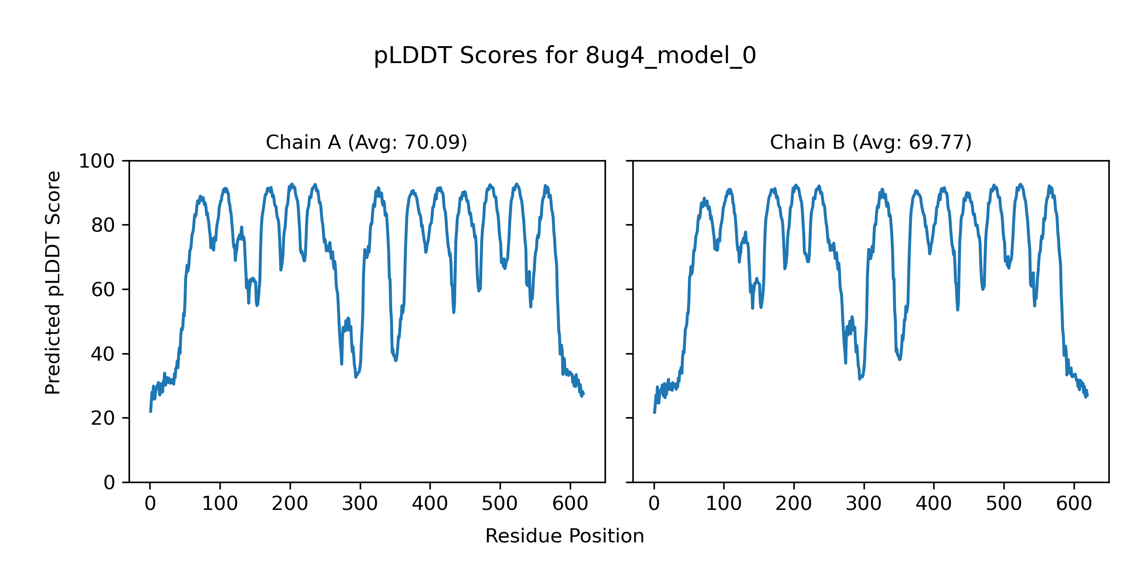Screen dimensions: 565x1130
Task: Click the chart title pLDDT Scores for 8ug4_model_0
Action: [565, 56]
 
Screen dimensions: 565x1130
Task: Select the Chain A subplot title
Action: [366, 143]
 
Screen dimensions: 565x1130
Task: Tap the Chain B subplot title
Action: [871, 143]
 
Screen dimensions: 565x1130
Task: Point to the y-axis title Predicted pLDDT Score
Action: [53, 282]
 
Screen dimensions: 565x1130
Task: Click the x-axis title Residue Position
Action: [565, 536]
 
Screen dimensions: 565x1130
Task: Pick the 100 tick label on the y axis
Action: [97, 161]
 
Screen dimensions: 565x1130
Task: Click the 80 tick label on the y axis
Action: [103, 226]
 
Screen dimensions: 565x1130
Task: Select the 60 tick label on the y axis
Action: [103, 290]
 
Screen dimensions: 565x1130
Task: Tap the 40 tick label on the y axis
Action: [103, 354]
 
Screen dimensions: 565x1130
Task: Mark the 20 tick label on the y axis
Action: [103, 418]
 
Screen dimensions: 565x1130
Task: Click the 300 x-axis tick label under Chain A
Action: [360, 504]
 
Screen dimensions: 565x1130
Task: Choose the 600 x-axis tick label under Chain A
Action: [570, 504]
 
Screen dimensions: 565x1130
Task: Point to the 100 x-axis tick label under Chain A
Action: [220, 504]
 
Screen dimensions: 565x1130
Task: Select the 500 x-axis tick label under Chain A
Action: [500, 504]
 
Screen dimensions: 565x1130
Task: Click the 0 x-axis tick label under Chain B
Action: [654, 504]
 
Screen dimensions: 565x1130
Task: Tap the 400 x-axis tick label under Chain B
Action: [934, 504]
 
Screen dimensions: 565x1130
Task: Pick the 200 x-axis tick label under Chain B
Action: [794, 504]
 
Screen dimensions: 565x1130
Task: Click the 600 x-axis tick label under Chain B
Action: [1074, 504]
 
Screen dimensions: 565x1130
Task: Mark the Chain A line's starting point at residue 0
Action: [150, 412]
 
